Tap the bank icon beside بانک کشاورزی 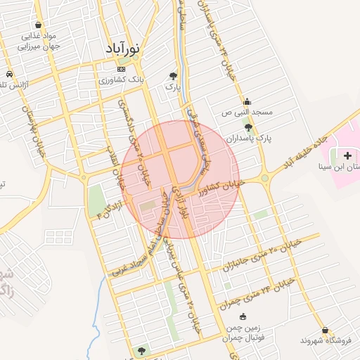click(x=122, y=70)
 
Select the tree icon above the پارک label click(x=173, y=75)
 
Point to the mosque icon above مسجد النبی click(x=247, y=101)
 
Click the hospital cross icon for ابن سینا click(x=348, y=154)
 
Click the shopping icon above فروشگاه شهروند click(x=325, y=329)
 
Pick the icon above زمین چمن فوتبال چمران click(x=243, y=316)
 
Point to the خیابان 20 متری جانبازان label click(x=262, y=256)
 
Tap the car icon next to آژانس click(x=8, y=75)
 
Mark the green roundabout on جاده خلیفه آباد click(x=264, y=178)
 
